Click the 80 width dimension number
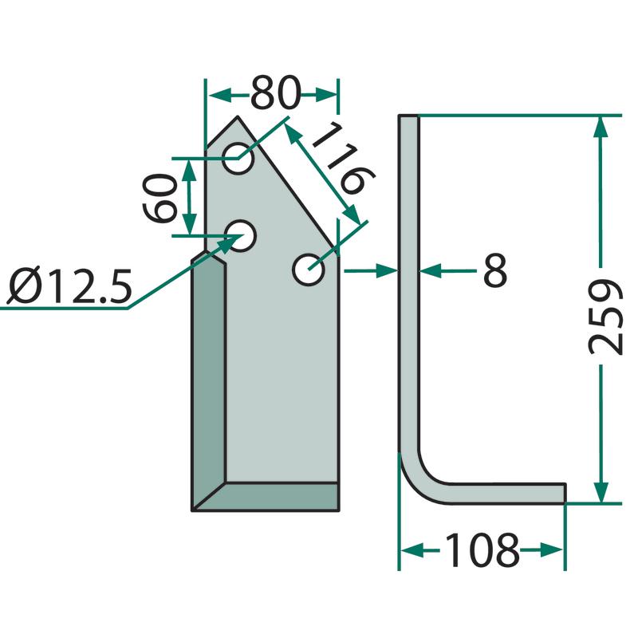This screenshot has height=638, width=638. [276, 93]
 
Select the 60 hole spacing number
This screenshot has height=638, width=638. [160, 198]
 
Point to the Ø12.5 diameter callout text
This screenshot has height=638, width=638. [70, 286]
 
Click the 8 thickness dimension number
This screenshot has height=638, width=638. [495, 270]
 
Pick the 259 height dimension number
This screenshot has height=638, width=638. [606, 317]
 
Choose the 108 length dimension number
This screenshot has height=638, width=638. [482, 550]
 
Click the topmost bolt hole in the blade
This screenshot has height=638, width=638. [238, 158]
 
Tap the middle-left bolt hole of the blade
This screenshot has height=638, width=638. [240, 236]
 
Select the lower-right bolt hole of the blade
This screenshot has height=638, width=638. [309, 270]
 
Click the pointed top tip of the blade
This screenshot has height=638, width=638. [238, 117]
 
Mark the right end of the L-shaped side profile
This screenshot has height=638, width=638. [565, 494]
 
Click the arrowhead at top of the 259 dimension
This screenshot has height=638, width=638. [601, 127]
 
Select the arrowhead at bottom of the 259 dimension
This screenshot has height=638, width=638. [601, 493]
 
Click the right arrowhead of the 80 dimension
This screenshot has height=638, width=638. [325, 95]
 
